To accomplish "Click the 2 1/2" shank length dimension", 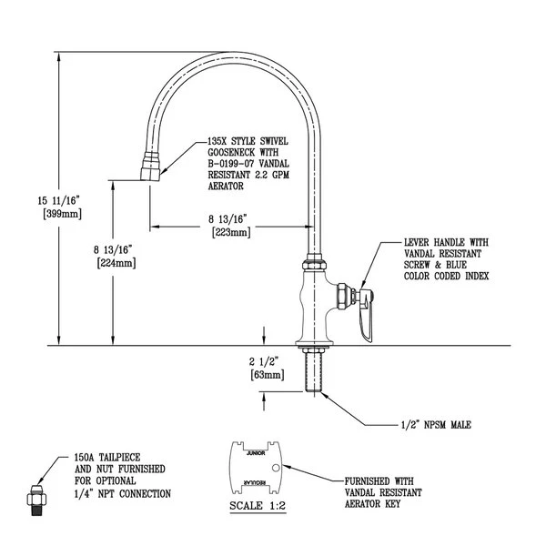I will pyautogui.click(x=267, y=360).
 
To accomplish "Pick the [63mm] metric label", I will pyautogui.click(x=267, y=374).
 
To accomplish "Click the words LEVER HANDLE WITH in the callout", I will pyautogui.click(x=446, y=243).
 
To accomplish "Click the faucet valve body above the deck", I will pyautogui.click(x=314, y=305).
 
